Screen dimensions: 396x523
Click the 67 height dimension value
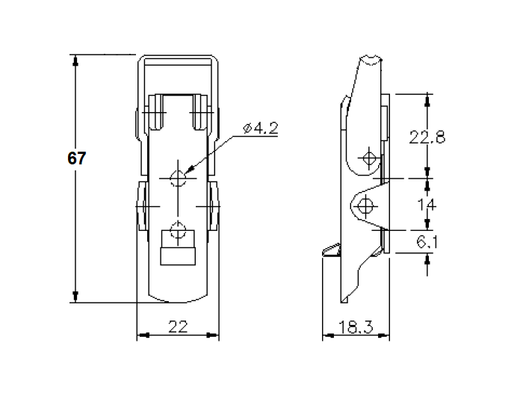(x=77, y=159)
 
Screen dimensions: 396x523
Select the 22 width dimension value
(x=177, y=327)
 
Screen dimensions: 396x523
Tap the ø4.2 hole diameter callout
(x=261, y=129)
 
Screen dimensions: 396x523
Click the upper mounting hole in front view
(x=179, y=177)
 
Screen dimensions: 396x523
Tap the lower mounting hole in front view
(x=178, y=230)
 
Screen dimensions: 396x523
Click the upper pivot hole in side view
(x=368, y=158)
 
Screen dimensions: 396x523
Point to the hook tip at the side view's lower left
(x=325, y=252)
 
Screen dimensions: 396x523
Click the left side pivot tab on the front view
(x=140, y=205)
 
